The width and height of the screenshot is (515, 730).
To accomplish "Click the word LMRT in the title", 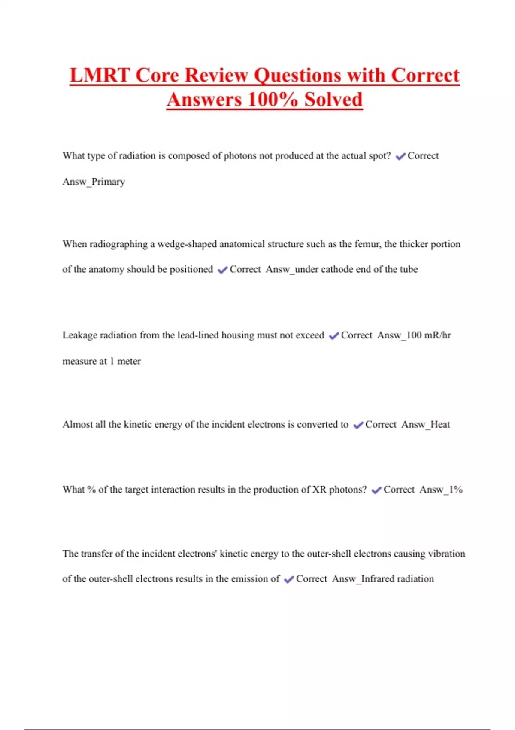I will click(100, 76).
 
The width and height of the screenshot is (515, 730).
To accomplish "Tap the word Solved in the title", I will click(333, 100).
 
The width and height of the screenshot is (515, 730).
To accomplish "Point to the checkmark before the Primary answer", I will click(400, 156).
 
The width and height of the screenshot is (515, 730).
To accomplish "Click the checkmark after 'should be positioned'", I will click(222, 270).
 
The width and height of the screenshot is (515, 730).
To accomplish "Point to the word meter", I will click(129, 361).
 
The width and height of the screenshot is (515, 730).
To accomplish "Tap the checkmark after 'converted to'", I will click(358, 425).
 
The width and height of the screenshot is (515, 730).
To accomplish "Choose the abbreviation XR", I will click(319, 490).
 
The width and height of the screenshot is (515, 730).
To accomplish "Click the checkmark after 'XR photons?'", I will click(376, 490).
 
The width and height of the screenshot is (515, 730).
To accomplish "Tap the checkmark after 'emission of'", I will click(289, 580).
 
